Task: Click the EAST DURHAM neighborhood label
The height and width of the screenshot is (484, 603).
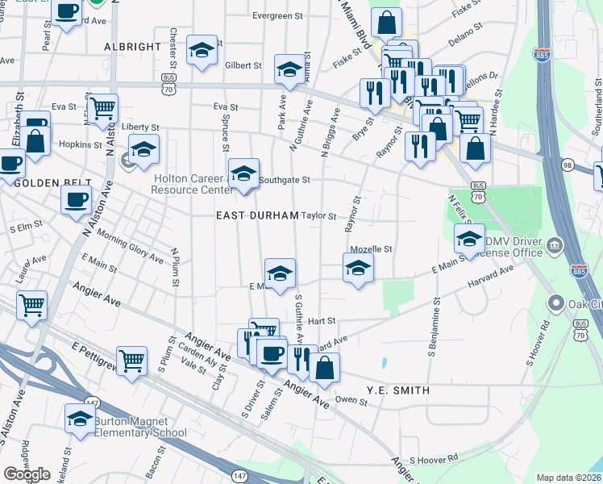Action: tap(258, 215)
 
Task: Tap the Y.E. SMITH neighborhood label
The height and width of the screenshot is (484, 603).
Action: tap(397, 390)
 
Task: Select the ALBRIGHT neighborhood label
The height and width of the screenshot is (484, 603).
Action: tap(133, 47)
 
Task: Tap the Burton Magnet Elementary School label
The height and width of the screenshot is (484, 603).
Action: tap(141, 427)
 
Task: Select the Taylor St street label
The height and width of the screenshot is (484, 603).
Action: tap(318, 215)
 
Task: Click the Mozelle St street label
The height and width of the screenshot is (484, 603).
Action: tap(370, 249)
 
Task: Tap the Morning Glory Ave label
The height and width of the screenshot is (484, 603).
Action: tap(130, 245)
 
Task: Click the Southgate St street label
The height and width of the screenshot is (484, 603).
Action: tap(284, 181)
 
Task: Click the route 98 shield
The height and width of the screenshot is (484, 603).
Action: tap(568, 165)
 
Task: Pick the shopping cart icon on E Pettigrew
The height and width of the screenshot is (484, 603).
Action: tap(131, 360)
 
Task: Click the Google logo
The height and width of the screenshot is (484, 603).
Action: tap(27, 474)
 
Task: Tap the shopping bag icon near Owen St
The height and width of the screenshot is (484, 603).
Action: tap(324, 367)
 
